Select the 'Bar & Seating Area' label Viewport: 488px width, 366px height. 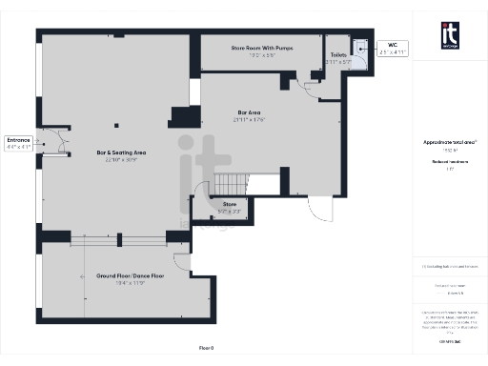pos(122,152)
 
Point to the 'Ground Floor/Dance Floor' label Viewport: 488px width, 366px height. pos(119,275)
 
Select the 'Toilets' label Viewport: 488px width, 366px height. pos(338,55)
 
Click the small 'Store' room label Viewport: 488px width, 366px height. pos(229,203)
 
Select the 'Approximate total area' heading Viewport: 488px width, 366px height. pos(451,142)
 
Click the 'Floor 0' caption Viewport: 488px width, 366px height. pos(207,347)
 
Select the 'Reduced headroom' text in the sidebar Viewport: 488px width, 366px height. pos(451,162)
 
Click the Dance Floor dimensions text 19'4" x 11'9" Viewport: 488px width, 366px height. pos(119,283)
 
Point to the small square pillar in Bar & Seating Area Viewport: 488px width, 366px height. pos(116,123)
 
